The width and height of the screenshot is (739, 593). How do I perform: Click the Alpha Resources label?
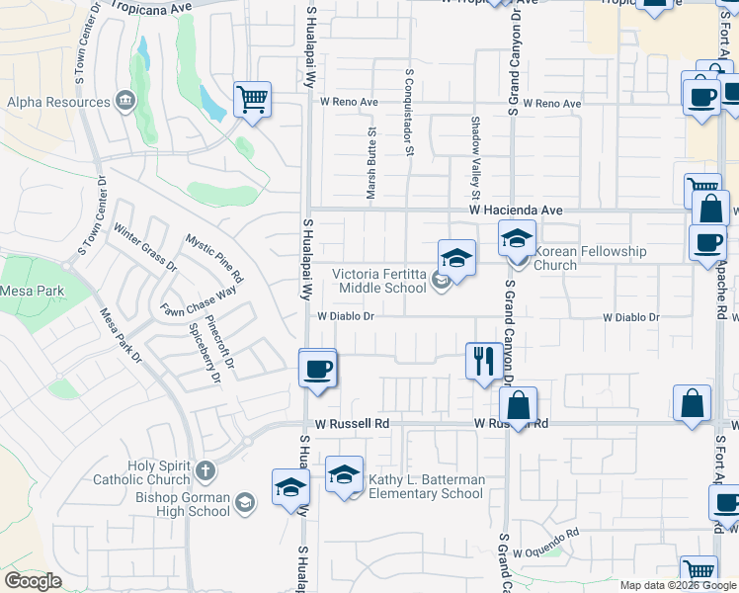click(x=58, y=102)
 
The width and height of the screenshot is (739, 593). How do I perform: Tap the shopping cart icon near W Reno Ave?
click(x=252, y=100)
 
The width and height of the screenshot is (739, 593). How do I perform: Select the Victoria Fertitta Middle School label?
click(x=379, y=281)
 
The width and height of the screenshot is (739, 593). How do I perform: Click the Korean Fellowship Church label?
click(x=590, y=258)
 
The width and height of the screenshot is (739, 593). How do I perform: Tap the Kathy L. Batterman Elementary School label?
click(x=426, y=486)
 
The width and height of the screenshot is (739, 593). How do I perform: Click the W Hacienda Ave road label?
click(x=515, y=211)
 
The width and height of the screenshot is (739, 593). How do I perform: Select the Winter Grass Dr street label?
click(x=145, y=248)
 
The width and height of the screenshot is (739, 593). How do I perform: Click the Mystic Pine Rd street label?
click(x=213, y=258)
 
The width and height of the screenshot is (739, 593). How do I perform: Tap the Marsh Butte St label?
click(x=372, y=163)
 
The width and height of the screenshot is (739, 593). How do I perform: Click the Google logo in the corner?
click(x=33, y=581)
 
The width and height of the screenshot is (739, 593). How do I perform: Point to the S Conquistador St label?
click(x=408, y=112)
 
